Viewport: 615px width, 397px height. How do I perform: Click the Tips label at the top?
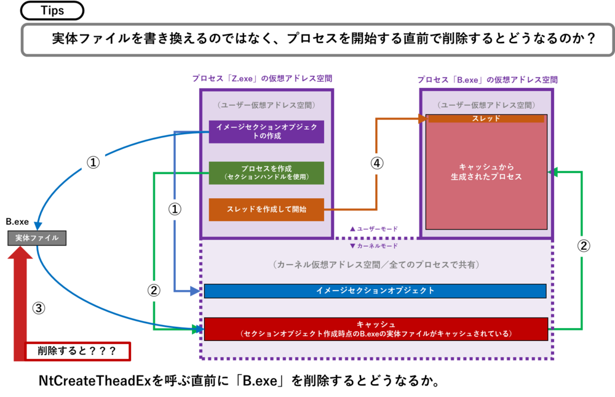pos(52,10)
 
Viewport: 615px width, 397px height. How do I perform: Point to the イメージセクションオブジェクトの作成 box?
pos(266,131)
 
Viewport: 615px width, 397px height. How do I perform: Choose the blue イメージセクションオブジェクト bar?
pos(375,291)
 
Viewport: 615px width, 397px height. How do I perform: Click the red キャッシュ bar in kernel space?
pos(375,329)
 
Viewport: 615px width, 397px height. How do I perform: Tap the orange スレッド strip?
pos(486,118)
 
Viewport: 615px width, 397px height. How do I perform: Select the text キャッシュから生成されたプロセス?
pos(486,172)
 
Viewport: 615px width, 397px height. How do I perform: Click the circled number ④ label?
pos(377,163)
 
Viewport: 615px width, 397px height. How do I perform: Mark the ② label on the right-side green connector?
pos(584,246)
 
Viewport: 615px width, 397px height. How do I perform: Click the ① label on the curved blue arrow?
pos(92,162)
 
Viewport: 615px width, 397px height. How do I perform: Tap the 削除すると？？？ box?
pos(78,351)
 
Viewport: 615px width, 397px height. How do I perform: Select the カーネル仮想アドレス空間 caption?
pos(375,265)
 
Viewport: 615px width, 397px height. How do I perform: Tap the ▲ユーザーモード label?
pos(373,228)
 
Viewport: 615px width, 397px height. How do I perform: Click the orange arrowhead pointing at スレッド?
pos(423,119)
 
